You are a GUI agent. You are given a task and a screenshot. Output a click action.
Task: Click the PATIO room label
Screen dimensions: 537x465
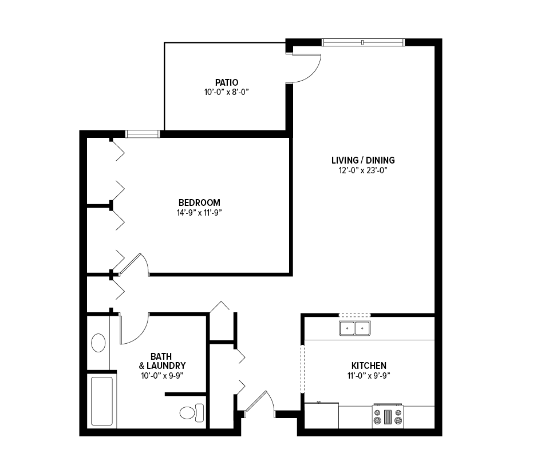227,82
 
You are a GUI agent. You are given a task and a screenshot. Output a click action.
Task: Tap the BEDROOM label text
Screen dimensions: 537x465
199,202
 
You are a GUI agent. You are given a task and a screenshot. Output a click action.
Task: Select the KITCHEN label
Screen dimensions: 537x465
369,365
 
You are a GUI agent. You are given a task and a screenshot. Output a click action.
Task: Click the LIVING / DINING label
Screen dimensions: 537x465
363,160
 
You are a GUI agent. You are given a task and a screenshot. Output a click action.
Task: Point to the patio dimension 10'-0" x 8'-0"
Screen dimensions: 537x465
226,92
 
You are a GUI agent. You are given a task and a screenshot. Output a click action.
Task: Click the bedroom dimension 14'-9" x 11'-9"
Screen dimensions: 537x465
199,213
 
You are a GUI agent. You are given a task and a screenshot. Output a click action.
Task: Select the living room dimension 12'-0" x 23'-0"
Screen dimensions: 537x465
363,170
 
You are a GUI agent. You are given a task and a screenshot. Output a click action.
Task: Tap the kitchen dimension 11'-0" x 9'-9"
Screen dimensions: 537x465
369,376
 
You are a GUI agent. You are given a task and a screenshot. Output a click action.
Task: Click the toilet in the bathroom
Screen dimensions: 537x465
192,412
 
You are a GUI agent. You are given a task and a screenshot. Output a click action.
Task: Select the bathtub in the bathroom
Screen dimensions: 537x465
102,401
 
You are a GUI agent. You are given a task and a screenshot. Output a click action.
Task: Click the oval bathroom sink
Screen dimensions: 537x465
98,343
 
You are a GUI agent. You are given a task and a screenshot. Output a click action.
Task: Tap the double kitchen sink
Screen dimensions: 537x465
354,328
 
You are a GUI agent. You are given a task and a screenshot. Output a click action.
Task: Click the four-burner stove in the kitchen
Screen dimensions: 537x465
388,416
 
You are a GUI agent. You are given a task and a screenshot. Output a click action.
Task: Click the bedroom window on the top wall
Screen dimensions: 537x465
143,134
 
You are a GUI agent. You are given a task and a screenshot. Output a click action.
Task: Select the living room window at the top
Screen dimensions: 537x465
364,42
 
